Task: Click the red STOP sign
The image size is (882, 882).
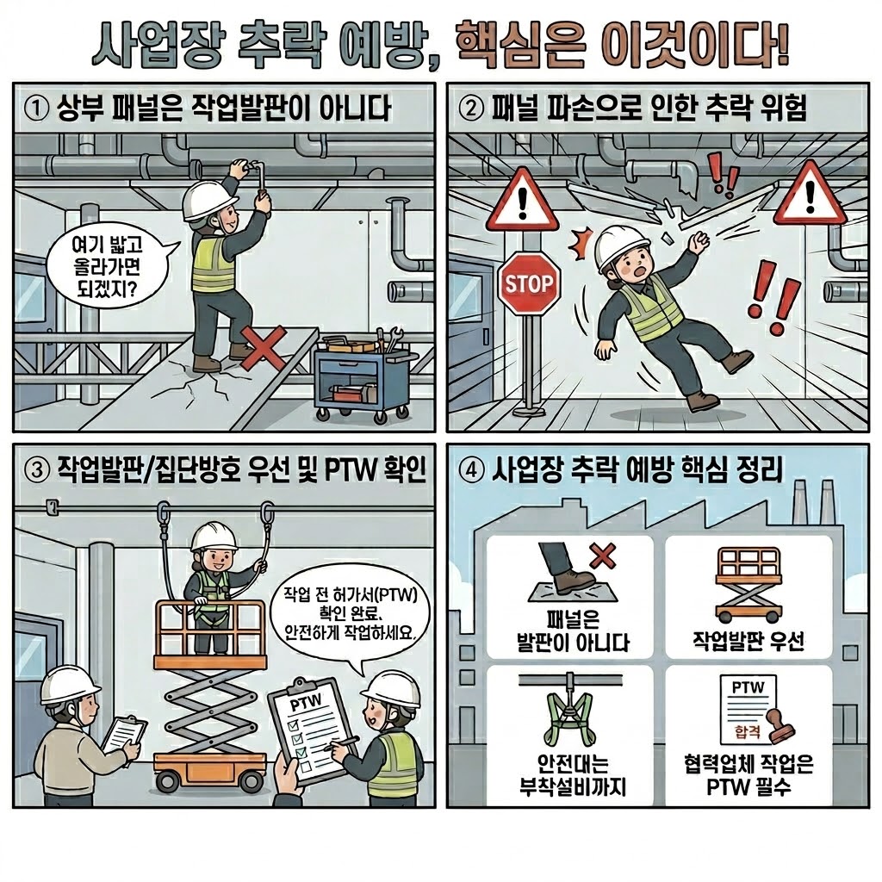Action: (529, 282)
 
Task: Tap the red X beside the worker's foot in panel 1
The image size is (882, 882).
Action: (262, 349)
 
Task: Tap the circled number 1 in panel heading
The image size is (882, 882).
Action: (35, 110)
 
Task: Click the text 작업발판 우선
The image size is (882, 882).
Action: (748, 640)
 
